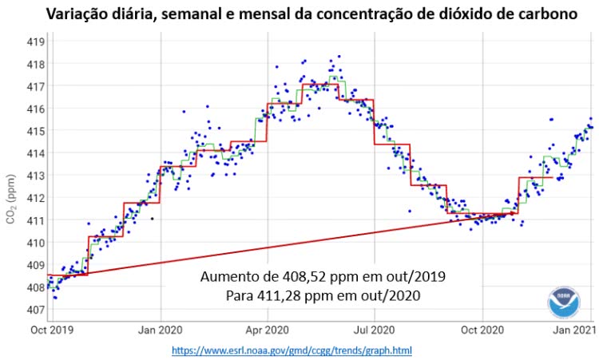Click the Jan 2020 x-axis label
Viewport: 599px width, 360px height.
[161, 330]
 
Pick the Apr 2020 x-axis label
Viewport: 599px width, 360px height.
[267, 330]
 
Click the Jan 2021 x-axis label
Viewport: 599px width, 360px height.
[573, 330]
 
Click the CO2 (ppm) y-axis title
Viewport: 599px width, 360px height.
[12, 197]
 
